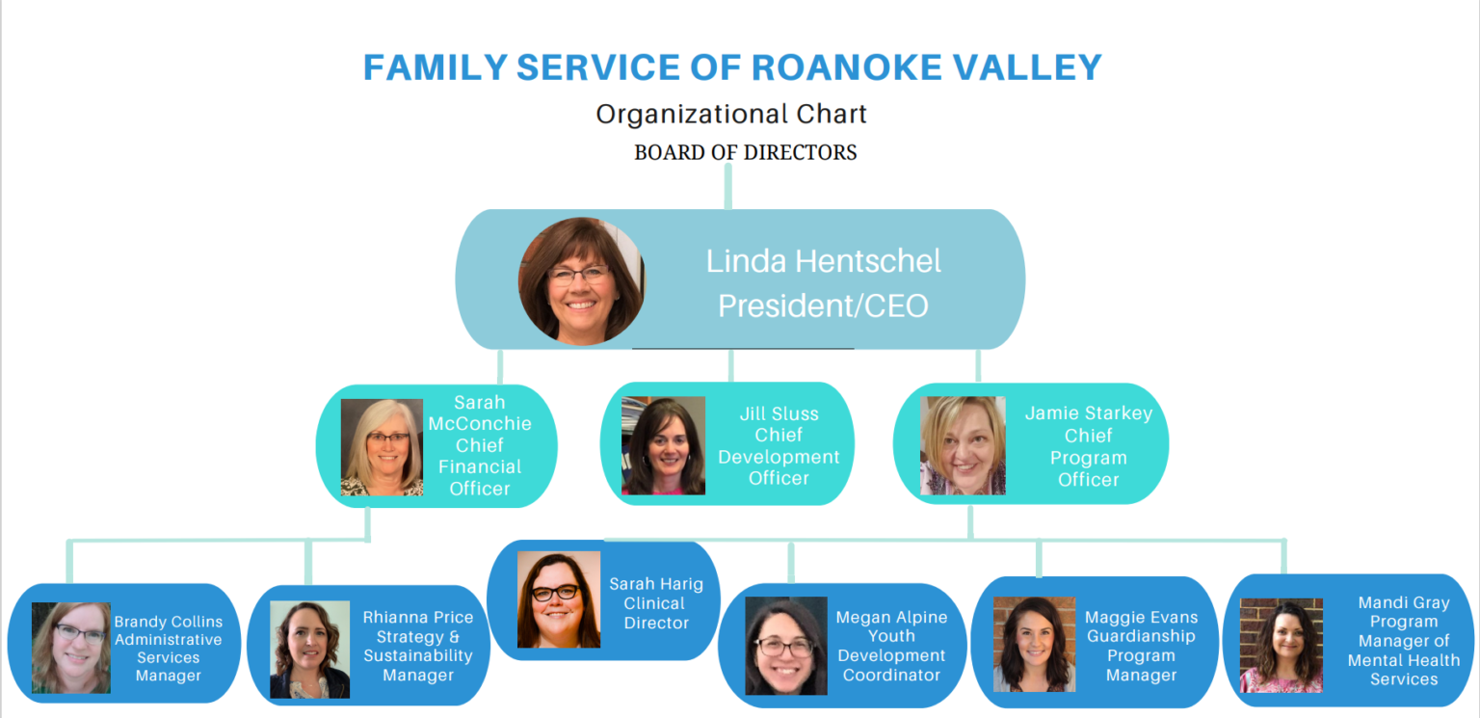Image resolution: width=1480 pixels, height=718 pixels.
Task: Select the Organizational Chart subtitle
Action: pyautogui.click(x=731, y=114)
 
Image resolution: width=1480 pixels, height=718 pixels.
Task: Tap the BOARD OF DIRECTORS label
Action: pyautogui.click(x=745, y=152)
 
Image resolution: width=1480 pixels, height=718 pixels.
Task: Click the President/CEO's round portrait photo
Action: pyautogui.click(x=582, y=280)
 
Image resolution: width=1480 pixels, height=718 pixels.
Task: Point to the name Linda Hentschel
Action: pyautogui.click(x=823, y=260)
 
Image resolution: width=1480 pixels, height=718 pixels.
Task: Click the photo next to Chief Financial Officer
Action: pyautogui.click(x=382, y=447)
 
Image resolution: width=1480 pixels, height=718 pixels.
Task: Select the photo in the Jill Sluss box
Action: pyautogui.click(x=663, y=446)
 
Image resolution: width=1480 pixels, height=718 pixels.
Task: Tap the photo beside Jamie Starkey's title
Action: pyautogui.click(x=963, y=446)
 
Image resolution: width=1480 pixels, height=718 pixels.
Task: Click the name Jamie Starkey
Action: pyautogui.click(x=1088, y=413)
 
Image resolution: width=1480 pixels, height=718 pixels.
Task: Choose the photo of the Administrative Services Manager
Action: pyautogui.click(x=71, y=648)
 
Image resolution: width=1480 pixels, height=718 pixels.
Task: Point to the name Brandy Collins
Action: pyautogui.click(x=168, y=622)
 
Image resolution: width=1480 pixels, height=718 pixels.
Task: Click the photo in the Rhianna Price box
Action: pyautogui.click(x=309, y=650)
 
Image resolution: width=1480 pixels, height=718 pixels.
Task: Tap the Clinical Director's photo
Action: pyautogui.click(x=559, y=599)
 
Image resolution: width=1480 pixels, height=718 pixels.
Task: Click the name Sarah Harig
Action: pyautogui.click(x=655, y=584)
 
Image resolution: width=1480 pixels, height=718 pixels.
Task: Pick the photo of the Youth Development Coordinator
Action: pyautogui.click(x=786, y=646)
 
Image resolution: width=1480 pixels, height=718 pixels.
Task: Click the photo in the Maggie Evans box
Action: pyautogui.click(x=1034, y=645)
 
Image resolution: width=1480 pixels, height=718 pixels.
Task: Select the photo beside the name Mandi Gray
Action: pyautogui.click(x=1281, y=646)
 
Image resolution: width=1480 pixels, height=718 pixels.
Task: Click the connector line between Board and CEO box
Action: pyautogui.click(x=728, y=187)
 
